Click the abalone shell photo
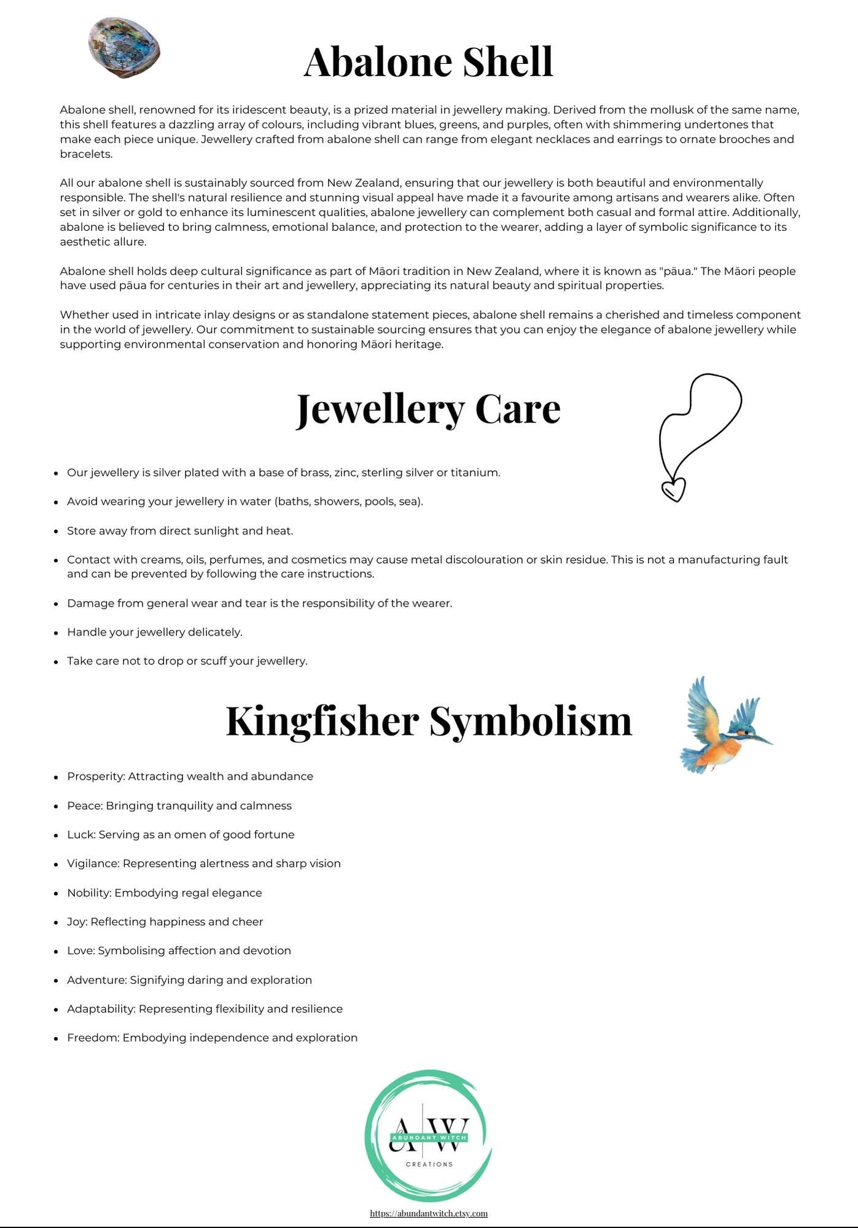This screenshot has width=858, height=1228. click(124, 48)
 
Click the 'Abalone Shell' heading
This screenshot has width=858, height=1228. click(428, 61)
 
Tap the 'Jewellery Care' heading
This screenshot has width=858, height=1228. click(428, 409)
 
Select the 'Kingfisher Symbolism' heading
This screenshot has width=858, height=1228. click(429, 720)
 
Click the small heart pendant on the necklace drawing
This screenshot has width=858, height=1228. click(673, 490)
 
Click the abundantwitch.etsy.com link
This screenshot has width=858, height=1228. click(429, 1213)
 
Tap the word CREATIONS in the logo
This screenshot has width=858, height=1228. click(429, 1164)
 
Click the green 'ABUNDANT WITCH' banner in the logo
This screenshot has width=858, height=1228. click(429, 1138)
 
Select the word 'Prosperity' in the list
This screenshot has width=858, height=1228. click(95, 777)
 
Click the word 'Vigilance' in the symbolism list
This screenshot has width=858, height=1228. click(93, 864)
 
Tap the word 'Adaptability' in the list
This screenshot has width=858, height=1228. click(101, 1009)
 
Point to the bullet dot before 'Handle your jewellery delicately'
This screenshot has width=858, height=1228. click(55, 632)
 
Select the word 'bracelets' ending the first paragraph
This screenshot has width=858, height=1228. click(86, 154)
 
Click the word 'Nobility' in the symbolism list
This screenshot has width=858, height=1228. click(88, 893)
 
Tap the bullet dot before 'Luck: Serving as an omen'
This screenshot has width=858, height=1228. click(55, 835)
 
